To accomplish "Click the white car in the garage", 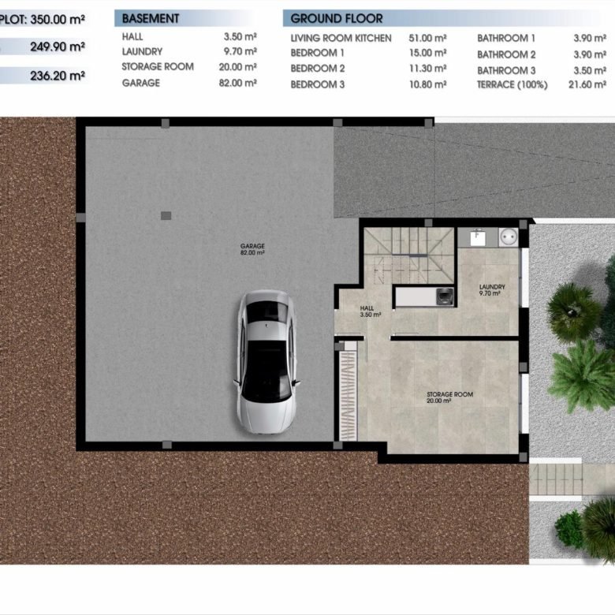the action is pyautogui.click(x=266, y=362).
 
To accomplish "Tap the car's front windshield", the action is pyautogui.click(x=266, y=311).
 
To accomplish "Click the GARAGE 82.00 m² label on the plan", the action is pyautogui.click(x=252, y=249).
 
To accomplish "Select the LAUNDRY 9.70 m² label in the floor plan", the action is pyautogui.click(x=492, y=290).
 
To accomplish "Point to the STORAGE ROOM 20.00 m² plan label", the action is pyautogui.click(x=450, y=397).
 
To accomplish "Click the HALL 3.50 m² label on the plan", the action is pyautogui.click(x=370, y=311).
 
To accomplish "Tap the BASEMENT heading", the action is pyautogui.click(x=151, y=18).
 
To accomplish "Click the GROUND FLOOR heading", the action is pyautogui.click(x=337, y=18).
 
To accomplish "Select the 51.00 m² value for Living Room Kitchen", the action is pyautogui.click(x=427, y=38).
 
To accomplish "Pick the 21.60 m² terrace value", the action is pyautogui.click(x=587, y=84).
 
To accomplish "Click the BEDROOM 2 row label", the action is pyautogui.click(x=318, y=69).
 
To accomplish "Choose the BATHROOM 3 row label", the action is pyautogui.click(x=506, y=71).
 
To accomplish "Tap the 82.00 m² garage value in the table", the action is pyautogui.click(x=237, y=83).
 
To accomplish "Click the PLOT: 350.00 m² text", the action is pyautogui.click(x=42, y=19).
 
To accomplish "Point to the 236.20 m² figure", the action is pyautogui.click(x=58, y=76).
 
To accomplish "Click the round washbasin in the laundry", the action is pyautogui.click(x=509, y=237).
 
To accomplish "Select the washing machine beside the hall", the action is pyautogui.click(x=444, y=296).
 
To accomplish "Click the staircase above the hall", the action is pyautogui.click(x=408, y=255).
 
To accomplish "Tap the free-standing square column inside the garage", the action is pyautogui.click(x=166, y=215).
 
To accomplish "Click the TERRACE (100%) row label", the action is pyautogui.click(x=512, y=84).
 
